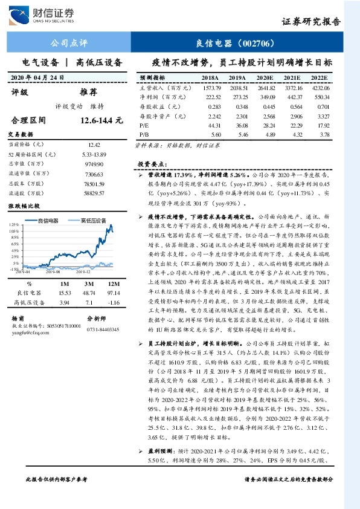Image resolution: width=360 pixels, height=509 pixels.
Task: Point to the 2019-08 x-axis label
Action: coord(63,273)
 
